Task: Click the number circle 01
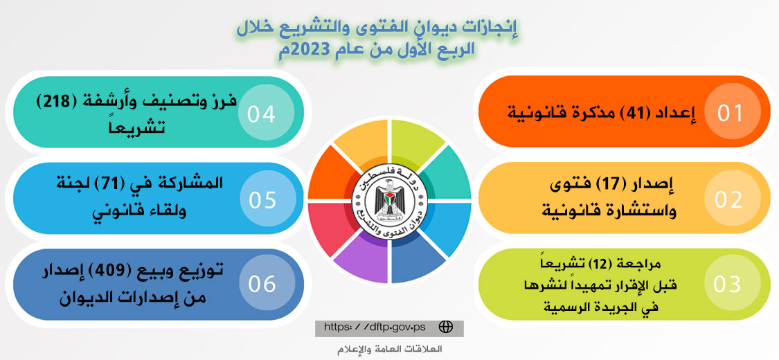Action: [730, 113]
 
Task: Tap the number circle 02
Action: [729, 199]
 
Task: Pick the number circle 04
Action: [262, 114]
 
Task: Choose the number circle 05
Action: [262, 199]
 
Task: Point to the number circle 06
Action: [262, 284]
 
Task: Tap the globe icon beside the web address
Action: [446, 327]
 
